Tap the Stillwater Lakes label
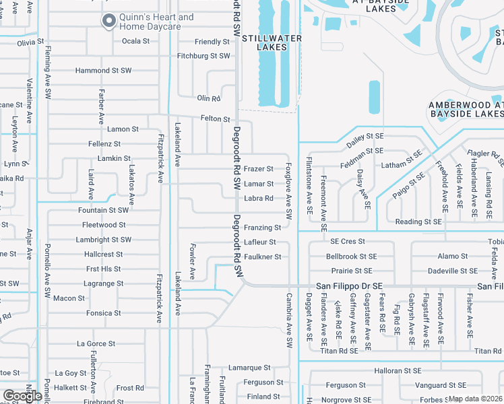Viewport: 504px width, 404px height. coord(272,42)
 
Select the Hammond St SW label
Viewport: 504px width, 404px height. coord(103,71)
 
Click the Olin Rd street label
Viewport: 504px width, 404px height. coord(209,98)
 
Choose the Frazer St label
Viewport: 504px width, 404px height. coord(259,169)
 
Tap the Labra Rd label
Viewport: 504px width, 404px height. coord(259,199)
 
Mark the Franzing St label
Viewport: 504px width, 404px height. coord(262,228)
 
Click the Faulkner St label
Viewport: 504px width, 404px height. coord(262,257)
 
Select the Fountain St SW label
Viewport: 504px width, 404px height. coord(103,210)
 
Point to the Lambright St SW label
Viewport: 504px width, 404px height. coord(104,240)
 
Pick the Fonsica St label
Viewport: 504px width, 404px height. coord(104,313)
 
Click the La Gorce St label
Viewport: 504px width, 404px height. coord(96,343)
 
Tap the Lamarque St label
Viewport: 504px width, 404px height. coord(249,368)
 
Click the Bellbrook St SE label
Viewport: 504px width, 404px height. coord(352,257)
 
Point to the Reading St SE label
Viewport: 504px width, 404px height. coord(418,222)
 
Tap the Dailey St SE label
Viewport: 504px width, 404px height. coord(365,137)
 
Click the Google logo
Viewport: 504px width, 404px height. coord(22,396)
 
